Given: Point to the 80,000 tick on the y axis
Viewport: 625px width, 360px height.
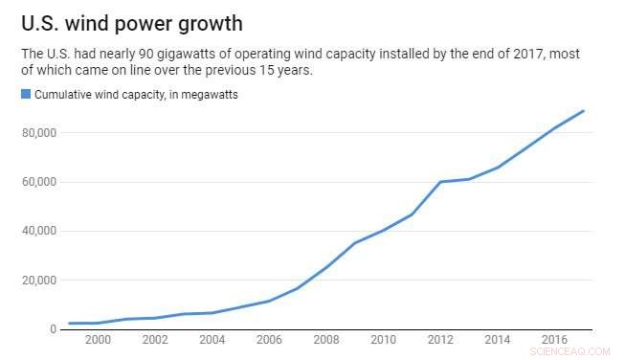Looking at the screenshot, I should coord(40,132).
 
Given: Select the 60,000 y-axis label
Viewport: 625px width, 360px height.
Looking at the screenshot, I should coord(40,182).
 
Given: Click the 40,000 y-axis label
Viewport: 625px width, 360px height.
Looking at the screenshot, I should coord(40,231).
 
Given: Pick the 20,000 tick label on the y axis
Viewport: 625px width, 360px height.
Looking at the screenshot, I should coord(40,281).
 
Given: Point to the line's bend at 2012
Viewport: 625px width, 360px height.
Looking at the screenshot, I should coord(440,182).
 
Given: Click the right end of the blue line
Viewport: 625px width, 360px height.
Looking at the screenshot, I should coord(584,111).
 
